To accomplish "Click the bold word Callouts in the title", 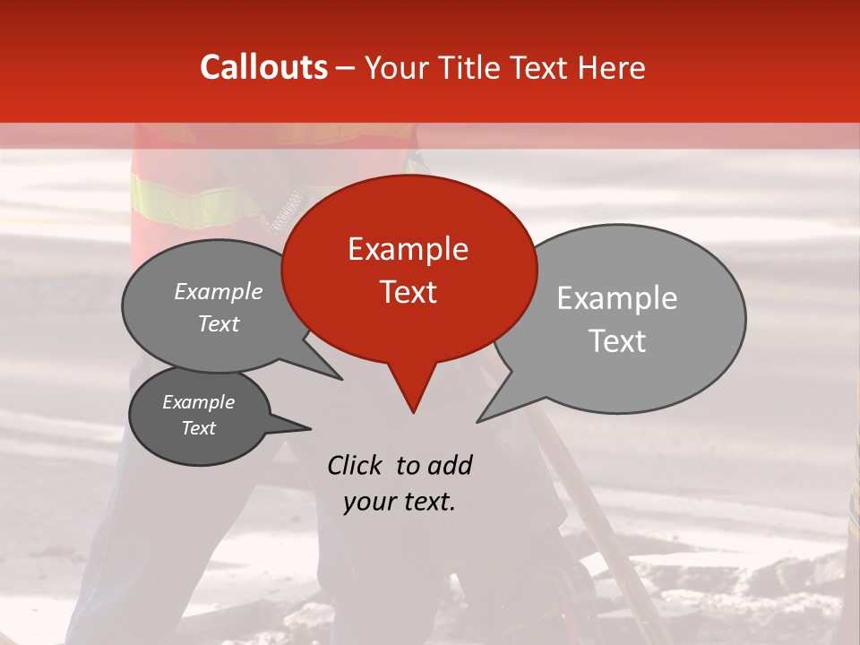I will click(263, 67).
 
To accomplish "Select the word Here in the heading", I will click(612, 67).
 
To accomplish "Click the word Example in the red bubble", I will click(408, 249).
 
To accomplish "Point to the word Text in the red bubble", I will click(408, 292).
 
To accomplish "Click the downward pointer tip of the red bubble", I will click(413, 411).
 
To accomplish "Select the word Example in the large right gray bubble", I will click(617, 298).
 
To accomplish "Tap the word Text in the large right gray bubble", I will click(618, 341).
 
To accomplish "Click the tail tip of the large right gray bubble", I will click(478, 420).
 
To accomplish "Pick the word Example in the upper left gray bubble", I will click(219, 292).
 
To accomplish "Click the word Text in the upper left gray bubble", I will click(219, 323).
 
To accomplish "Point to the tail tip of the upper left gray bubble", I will click(341, 379).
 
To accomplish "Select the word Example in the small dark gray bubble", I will click(198, 402).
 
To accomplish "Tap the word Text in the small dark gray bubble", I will click(198, 428).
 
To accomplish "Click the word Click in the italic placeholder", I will click(356, 465).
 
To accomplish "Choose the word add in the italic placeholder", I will click(450, 465).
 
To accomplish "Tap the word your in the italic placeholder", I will click(369, 502).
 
